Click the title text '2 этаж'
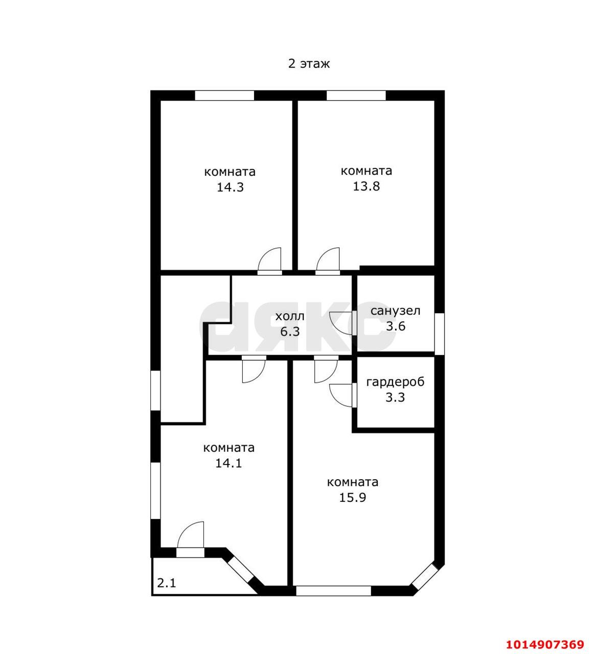click(309, 63)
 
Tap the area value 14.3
click(231, 187)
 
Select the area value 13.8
click(366, 186)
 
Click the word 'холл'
click(290, 316)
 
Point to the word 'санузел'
click(395, 311)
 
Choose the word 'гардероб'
click(395, 382)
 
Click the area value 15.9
click(352, 498)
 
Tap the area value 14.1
click(228, 463)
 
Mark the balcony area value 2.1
click(166, 582)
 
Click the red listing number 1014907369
click(545, 644)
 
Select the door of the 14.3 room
click(269, 262)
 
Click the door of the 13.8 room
click(328, 262)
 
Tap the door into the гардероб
click(343, 395)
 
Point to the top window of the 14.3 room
click(224, 96)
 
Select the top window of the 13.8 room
click(356, 96)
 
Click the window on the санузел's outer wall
click(439, 334)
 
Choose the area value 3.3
click(395, 398)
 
